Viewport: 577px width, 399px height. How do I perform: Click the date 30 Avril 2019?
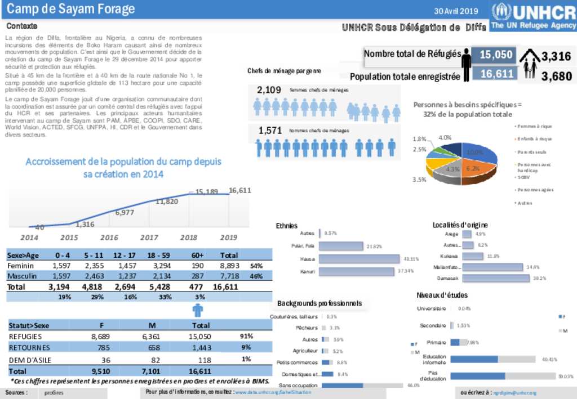tap(456, 11)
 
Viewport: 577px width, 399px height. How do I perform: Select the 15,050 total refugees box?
tap(496, 55)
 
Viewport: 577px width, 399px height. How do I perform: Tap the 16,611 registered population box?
tap(496, 74)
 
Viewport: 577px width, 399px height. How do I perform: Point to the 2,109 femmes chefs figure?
tap(269, 89)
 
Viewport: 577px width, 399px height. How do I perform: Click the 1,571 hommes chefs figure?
tap(270, 130)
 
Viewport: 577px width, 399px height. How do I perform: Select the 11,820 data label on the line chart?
tap(167, 201)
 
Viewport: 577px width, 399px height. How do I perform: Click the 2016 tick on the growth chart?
tap(109, 237)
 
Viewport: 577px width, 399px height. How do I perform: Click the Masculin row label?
tap(22, 276)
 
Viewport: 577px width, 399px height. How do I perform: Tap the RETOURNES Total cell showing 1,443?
tap(201, 347)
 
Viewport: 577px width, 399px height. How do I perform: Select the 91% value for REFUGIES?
tap(246, 336)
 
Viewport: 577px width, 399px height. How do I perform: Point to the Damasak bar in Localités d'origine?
tap(495, 278)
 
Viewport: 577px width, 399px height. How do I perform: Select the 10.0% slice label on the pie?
tap(475, 152)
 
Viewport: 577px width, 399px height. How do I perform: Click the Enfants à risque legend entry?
tap(534, 138)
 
